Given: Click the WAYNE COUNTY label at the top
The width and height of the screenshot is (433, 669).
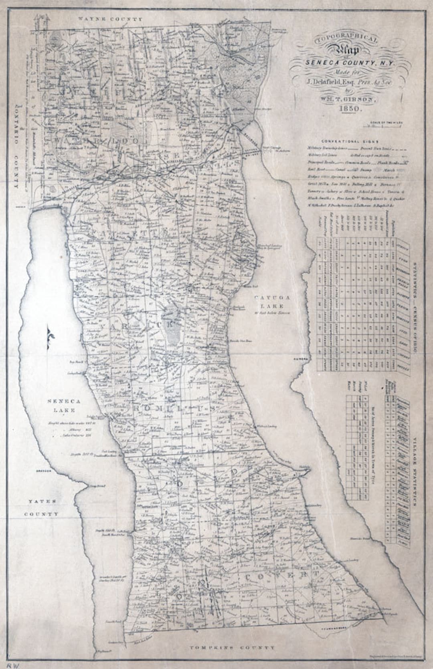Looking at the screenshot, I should point(110,19).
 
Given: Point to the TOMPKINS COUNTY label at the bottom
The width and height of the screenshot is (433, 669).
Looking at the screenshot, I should point(233,647).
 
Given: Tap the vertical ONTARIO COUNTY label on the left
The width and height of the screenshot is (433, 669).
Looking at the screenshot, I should point(16,144).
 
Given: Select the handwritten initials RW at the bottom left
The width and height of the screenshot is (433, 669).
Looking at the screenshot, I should point(10,664).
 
